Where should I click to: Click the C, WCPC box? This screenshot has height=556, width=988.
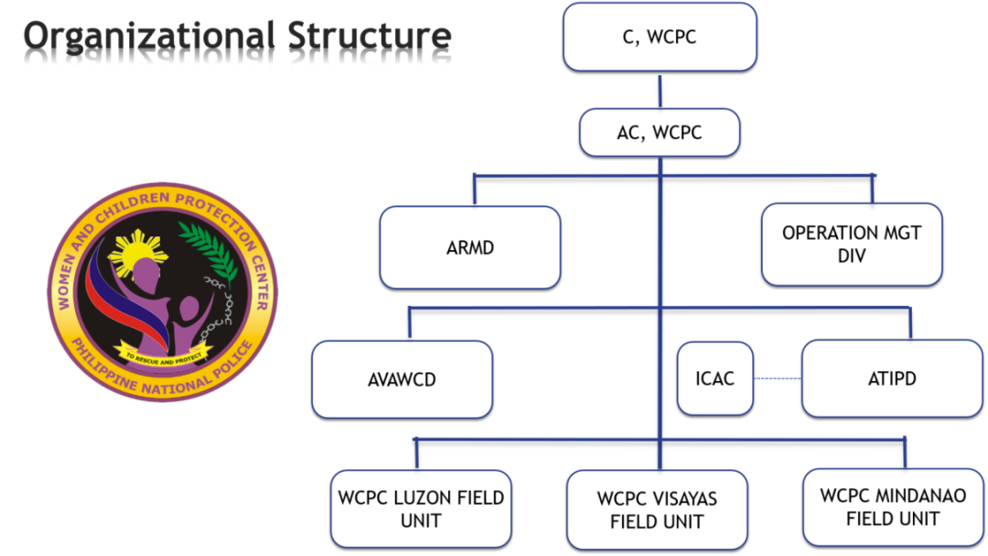click(x=660, y=37)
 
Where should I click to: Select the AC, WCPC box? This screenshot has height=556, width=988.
click(x=660, y=133)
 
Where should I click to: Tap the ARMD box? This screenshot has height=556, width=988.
click(x=470, y=247)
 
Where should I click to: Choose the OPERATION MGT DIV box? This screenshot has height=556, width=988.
click(x=852, y=245)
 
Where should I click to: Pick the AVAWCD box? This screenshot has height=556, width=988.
click(x=402, y=379)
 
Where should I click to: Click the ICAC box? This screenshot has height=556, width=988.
click(x=715, y=378)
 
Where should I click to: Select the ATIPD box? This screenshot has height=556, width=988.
click(x=891, y=378)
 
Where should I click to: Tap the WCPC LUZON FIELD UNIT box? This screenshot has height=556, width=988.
click(x=421, y=509)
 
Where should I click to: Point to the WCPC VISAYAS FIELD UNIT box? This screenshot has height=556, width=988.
click(x=657, y=510)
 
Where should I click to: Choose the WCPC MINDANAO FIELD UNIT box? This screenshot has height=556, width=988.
click(x=893, y=507)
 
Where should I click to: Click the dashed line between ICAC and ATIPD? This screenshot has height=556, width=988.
click(x=778, y=378)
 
